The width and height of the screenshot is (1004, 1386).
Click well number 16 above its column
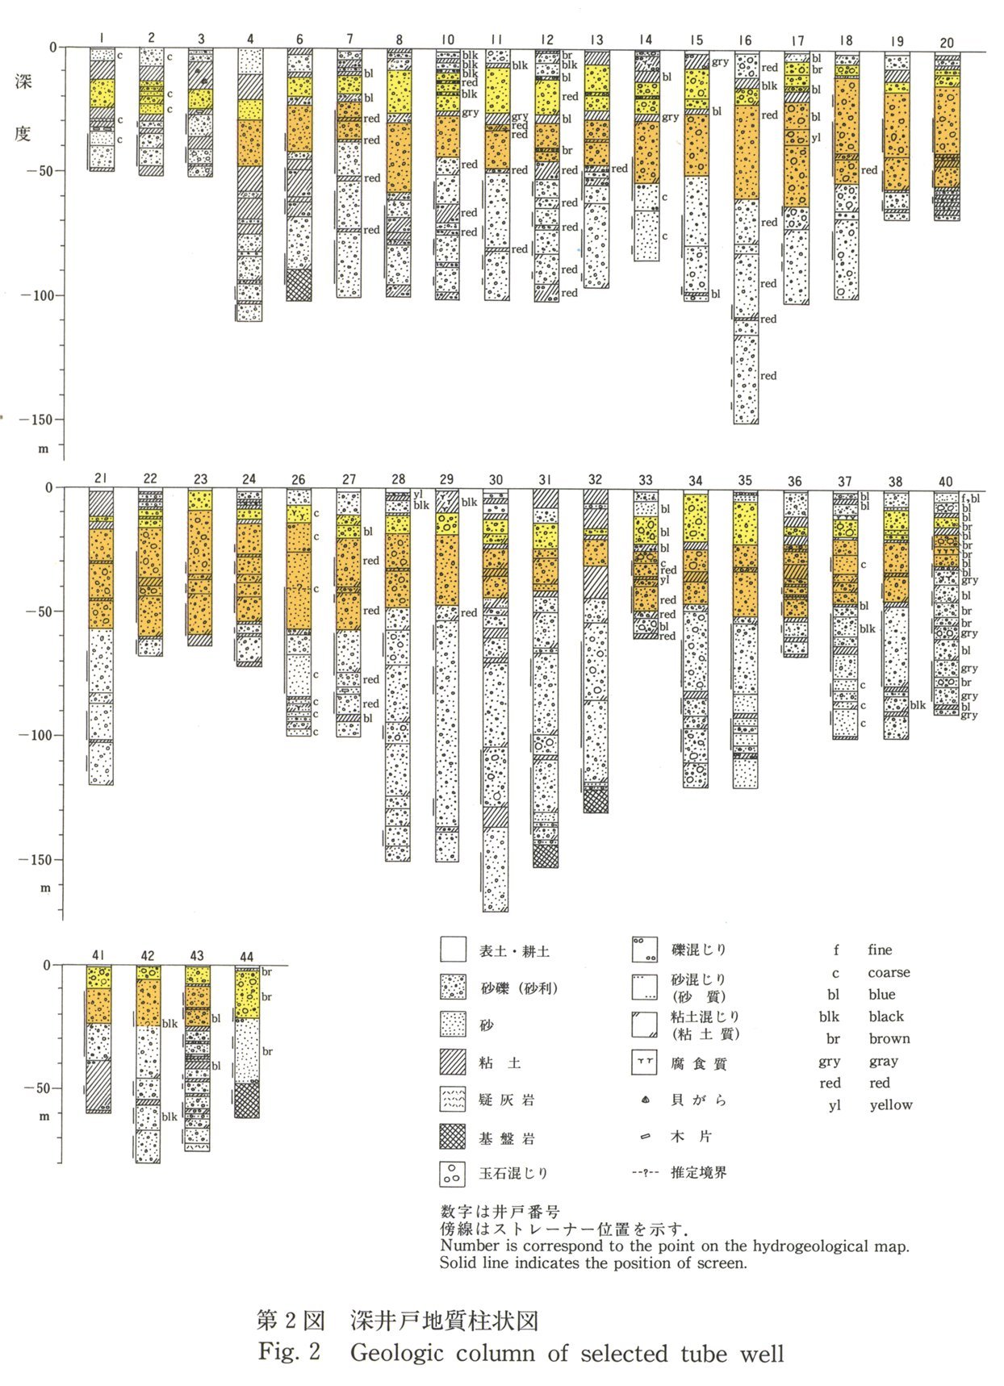pos(744,40)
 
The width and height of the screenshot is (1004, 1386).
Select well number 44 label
pos(247,957)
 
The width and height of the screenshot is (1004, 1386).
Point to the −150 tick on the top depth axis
pos(60,420)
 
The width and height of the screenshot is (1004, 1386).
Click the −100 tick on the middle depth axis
pos(60,735)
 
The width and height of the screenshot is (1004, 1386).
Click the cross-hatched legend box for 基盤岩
pos(454,1138)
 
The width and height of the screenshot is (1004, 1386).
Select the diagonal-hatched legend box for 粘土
pos(454,1062)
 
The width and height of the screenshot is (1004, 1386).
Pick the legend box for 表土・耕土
pos(454,950)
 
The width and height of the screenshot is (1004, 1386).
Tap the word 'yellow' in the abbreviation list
pos(891,1105)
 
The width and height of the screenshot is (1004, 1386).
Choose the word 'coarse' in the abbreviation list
pos(889,973)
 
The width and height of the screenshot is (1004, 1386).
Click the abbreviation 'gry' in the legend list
pos(830,1061)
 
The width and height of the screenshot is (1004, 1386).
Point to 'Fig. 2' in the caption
pos(289,1352)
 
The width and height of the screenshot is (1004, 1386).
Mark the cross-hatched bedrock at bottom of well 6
pos(299,285)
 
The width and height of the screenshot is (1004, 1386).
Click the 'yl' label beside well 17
pos(816,138)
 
